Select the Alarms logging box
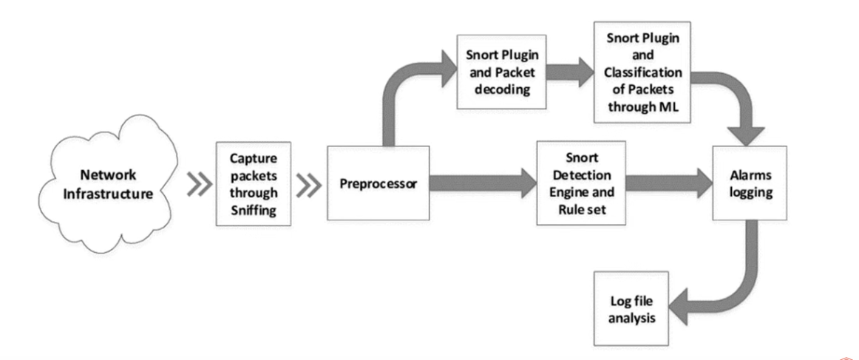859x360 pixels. [748, 183]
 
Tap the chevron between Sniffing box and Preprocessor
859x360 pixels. [308, 186]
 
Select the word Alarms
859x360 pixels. [748, 176]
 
